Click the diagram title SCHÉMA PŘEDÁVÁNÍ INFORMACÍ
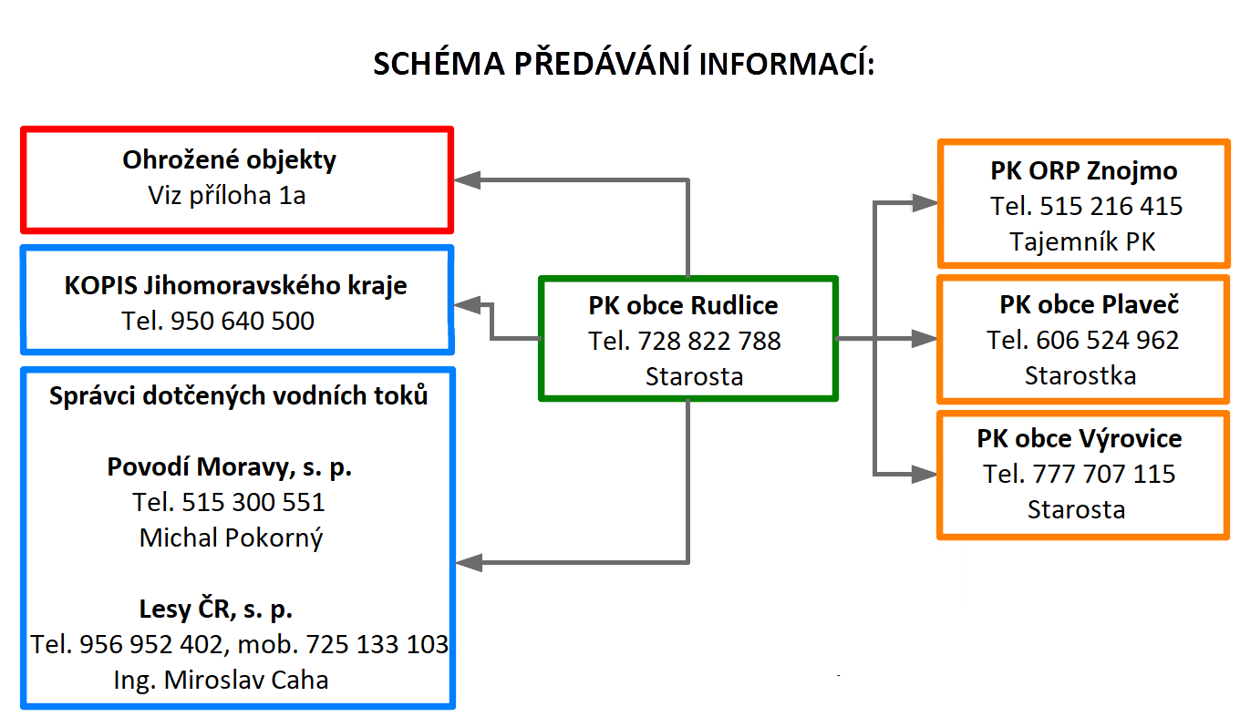pyautogui.click(x=624, y=63)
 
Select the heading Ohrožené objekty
pyautogui.click(x=229, y=160)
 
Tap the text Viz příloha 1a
pyautogui.click(x=227, y=195)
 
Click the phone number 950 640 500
pyautogui.click(x=243, y=321)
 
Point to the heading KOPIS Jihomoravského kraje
pyautogui.click(x=236, y=286)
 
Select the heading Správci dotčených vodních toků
pyautogui.click(x=239, y=395)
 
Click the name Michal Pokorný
pyautogui.click(x=231, y=538)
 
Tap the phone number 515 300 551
pyautogui.click(x=253, y=502)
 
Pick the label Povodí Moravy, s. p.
pyautogui.click(x=229, y=467)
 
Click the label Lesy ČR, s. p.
pyautogui.click(x=216, y=609)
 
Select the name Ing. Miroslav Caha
pyautogui.click(x=221, y=680)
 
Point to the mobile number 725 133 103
pyautogui.click(x=377, y=644)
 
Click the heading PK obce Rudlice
pyautogui.click(x=683, y=305)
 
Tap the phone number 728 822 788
pyautogui.click(x=709, y=341)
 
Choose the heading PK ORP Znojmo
pyautogui.click(x=1084, y=171)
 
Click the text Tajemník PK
pyautogui.click(x=1083, y=241)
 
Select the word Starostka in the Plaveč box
pyautogui.click(x=1080, y=375)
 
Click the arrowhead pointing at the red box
pyautogui.click(x=467, y=179)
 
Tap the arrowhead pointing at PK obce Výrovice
pyautogui.click(x=924, y=474)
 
